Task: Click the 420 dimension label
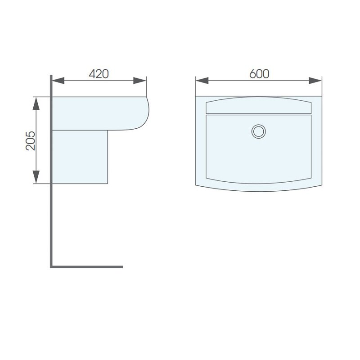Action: pyautogui.click(x=99, y=74)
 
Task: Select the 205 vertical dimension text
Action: pyautogui.click(x=30, y=140)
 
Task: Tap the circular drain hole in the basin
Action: pyautogui.click(x=258, y=131)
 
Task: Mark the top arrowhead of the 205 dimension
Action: pyautogui.click(x=36, y=103)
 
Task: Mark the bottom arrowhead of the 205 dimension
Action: pyautogui.click(x=36, y=177)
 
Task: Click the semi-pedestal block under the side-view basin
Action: pyautogui.click(x=80, y=157)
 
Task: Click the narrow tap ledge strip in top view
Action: pyautogui.click(x=258, y=107)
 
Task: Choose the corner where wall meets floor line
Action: pyautogui.click(x=52, y=266)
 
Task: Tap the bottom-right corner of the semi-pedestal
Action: pyautogui.click(x=108, y=184)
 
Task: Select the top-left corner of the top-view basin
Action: pyautogui.click(x=196, y=96)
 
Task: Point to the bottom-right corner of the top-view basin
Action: pyautogui.click(x=322, y=184)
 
